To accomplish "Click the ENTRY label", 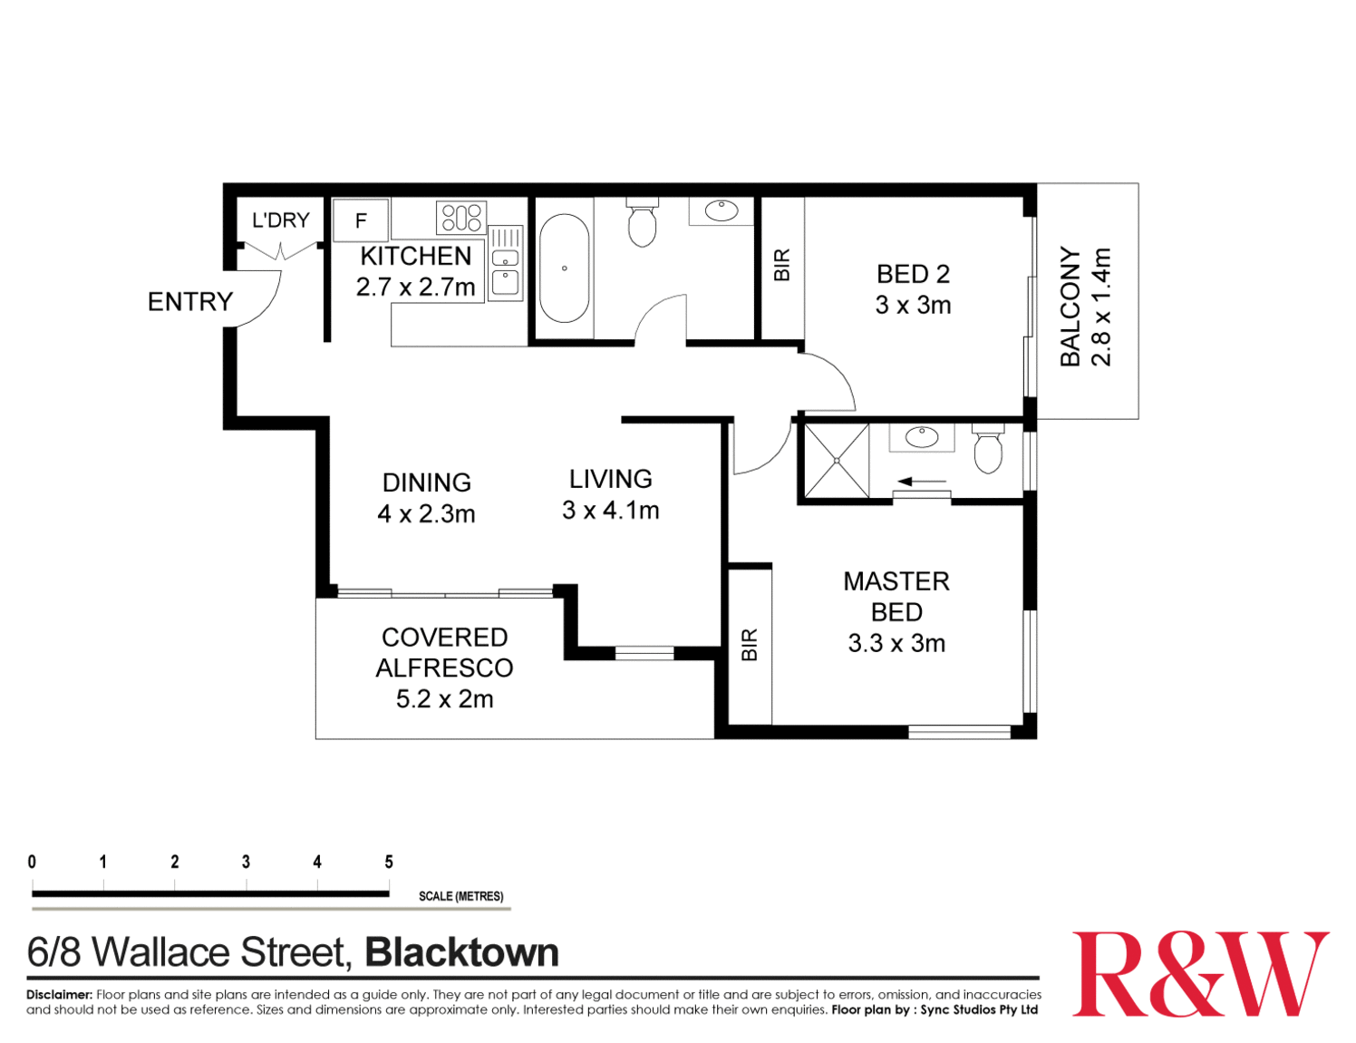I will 190,301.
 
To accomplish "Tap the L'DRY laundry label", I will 281,219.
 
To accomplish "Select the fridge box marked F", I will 361,220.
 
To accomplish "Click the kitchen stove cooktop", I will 460,218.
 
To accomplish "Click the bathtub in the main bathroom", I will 564,268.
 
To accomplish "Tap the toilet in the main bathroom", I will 642,224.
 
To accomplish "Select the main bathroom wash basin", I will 722,211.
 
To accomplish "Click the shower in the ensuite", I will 836,461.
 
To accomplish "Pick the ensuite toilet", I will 988,449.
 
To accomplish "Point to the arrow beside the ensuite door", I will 922,481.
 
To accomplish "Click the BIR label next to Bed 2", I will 781,265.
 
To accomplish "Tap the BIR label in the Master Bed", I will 750,645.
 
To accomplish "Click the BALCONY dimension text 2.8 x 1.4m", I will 1100,307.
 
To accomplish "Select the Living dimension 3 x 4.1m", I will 610,511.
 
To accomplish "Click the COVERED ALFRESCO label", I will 444,652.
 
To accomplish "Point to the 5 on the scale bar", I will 389,862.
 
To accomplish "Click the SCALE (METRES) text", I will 460,896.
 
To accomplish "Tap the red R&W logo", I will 1200,974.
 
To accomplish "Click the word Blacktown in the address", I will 461,953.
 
